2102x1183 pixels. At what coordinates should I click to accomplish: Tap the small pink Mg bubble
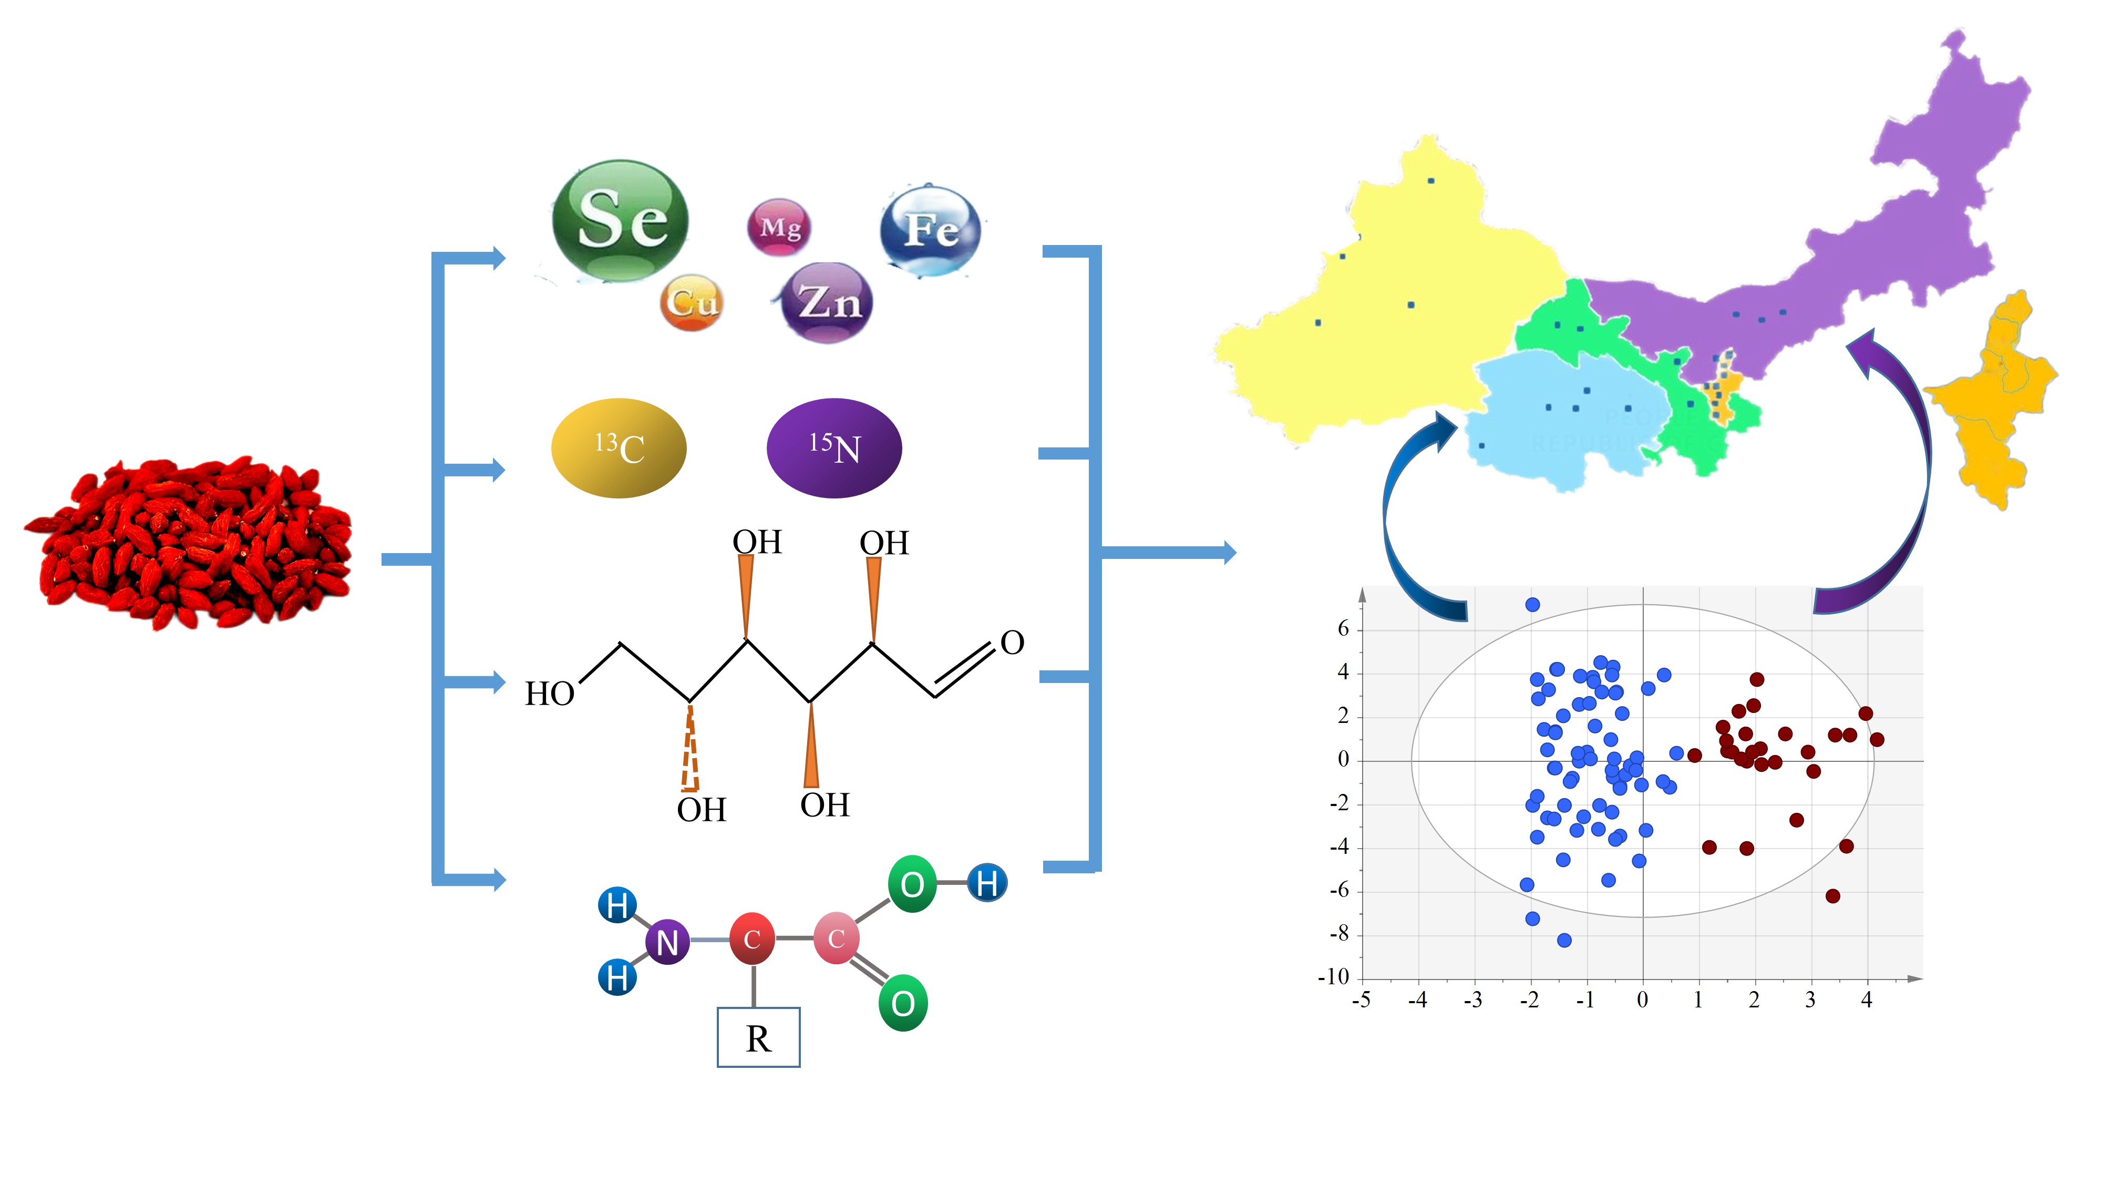click(x=779, y=227)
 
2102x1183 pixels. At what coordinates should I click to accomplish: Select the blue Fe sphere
click(x=930, y=230)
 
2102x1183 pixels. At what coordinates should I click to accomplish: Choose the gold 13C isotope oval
click(x=619, y=448)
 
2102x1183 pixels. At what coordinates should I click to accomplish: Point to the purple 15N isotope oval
click(x=834, y=448)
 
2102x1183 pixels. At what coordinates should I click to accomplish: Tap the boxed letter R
click(x=758, y=1038)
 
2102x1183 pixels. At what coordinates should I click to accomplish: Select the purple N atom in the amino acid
click(x=667, y=942)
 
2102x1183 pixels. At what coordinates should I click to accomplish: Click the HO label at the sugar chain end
click(x=549, y=694)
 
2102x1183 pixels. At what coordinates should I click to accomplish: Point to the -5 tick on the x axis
click(x=1361, y=1000)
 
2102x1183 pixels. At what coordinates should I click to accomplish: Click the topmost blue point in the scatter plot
click(x=1532, y=605)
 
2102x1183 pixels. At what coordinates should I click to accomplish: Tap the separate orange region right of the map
click(x=1991, y=400)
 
